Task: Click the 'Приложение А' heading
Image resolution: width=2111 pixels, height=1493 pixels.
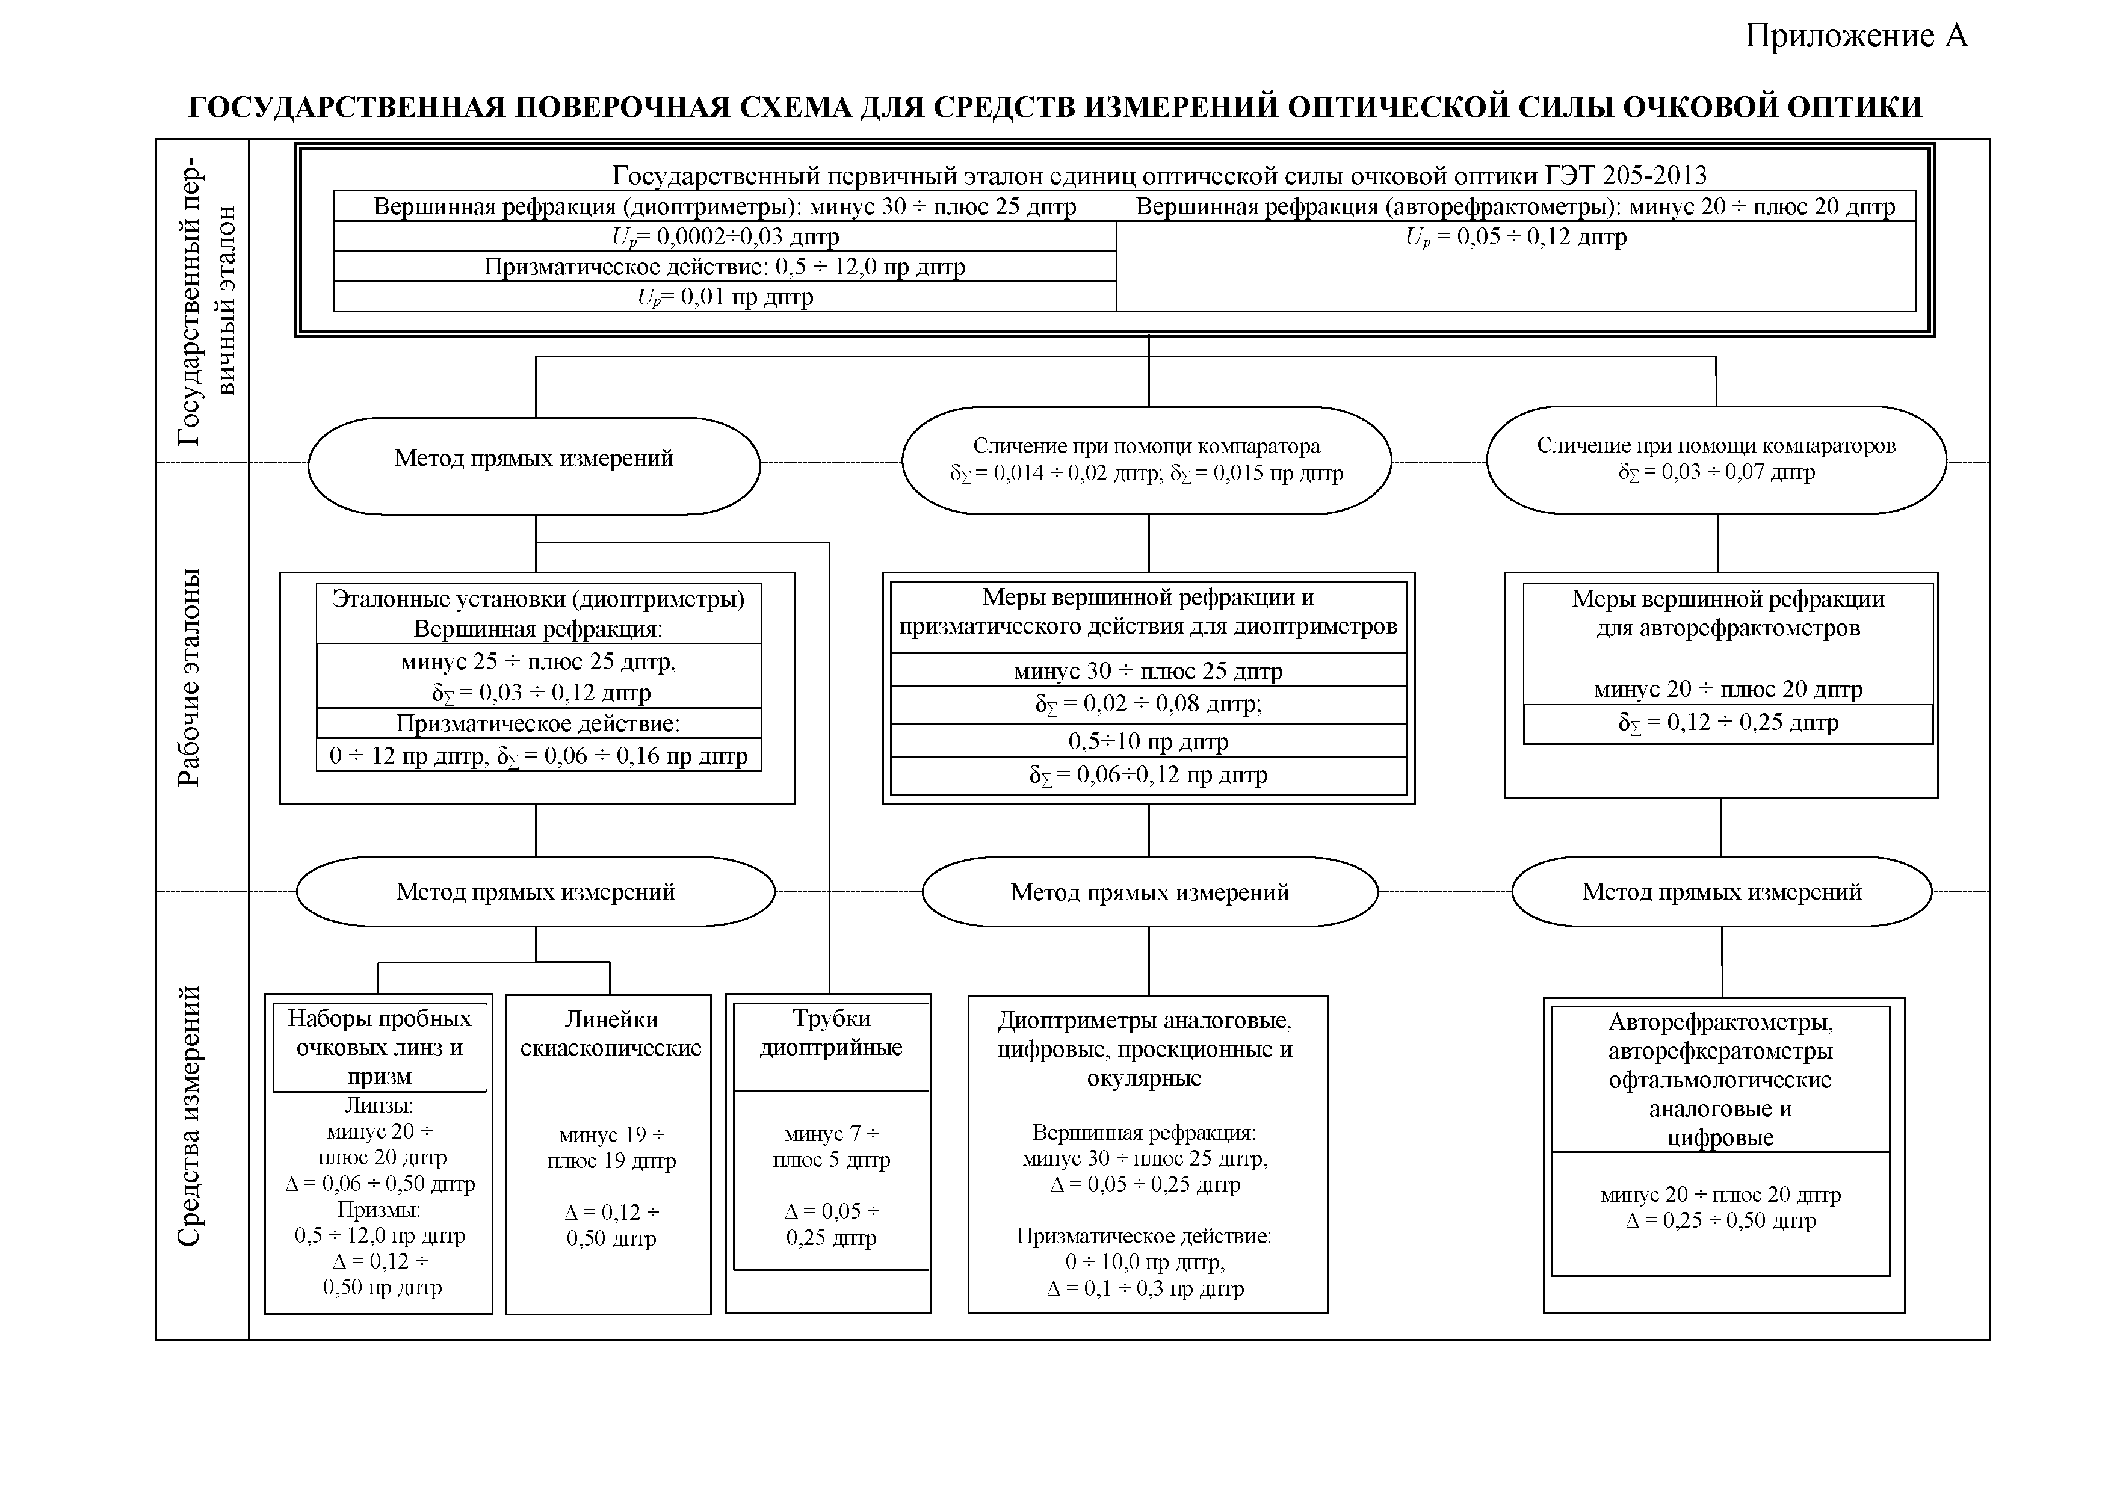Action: coord(1855,36)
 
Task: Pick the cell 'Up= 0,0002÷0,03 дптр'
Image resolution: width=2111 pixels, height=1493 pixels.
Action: coord(725,237)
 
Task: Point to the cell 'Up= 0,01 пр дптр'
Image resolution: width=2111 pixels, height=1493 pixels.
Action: coord(725,297)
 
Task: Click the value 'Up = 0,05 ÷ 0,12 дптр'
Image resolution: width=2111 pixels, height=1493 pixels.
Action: coord(1515,237)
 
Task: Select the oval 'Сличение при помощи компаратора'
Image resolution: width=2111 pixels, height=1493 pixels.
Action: coord(1146,447)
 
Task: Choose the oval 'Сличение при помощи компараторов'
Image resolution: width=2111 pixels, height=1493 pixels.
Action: coord(1716,446)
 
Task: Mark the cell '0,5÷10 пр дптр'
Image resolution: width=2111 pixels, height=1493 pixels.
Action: coord(1148,741)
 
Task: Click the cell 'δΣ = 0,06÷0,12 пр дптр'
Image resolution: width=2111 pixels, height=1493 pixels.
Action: coord(1148,775)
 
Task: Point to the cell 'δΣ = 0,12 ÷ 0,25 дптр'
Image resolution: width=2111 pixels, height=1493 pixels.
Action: coord(1728,723)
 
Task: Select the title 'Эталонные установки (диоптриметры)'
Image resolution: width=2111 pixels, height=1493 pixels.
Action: coord(538,599)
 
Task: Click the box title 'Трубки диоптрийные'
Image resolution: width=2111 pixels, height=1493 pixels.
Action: coord(830,1033)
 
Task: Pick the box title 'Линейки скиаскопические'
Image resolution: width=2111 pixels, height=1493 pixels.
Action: coord(611,1033)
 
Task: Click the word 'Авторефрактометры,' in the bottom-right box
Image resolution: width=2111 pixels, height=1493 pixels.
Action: coord(1720,1022)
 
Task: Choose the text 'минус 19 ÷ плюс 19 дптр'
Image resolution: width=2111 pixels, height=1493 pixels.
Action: coord(611,1148)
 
